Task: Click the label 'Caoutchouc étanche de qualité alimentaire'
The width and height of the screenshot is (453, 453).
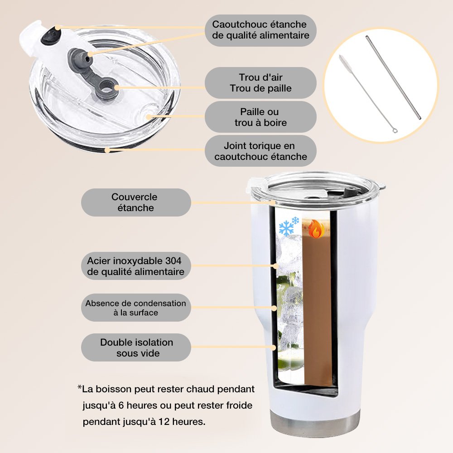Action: coord(260,30)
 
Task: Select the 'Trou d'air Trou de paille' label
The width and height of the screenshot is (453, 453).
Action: coord(260,83)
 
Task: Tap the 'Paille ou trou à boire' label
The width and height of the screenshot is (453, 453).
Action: coord(260,117)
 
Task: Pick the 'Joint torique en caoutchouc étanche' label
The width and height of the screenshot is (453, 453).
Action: coord(260,151)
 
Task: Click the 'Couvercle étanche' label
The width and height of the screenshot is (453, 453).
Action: coord(136,202)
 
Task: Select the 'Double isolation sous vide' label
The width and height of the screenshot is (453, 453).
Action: coord(136,347)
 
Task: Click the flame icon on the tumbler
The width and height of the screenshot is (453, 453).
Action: coord(316,229)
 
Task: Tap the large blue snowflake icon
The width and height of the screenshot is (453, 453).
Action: coord(286,228)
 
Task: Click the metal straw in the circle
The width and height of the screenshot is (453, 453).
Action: coord(393,77)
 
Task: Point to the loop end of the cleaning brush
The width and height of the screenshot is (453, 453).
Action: coord(395,131)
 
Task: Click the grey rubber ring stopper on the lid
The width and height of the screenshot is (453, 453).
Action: coord(107,90)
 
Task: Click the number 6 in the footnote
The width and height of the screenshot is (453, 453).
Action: coord(121,405)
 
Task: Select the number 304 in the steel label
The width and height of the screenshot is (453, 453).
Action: coord(173,260)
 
